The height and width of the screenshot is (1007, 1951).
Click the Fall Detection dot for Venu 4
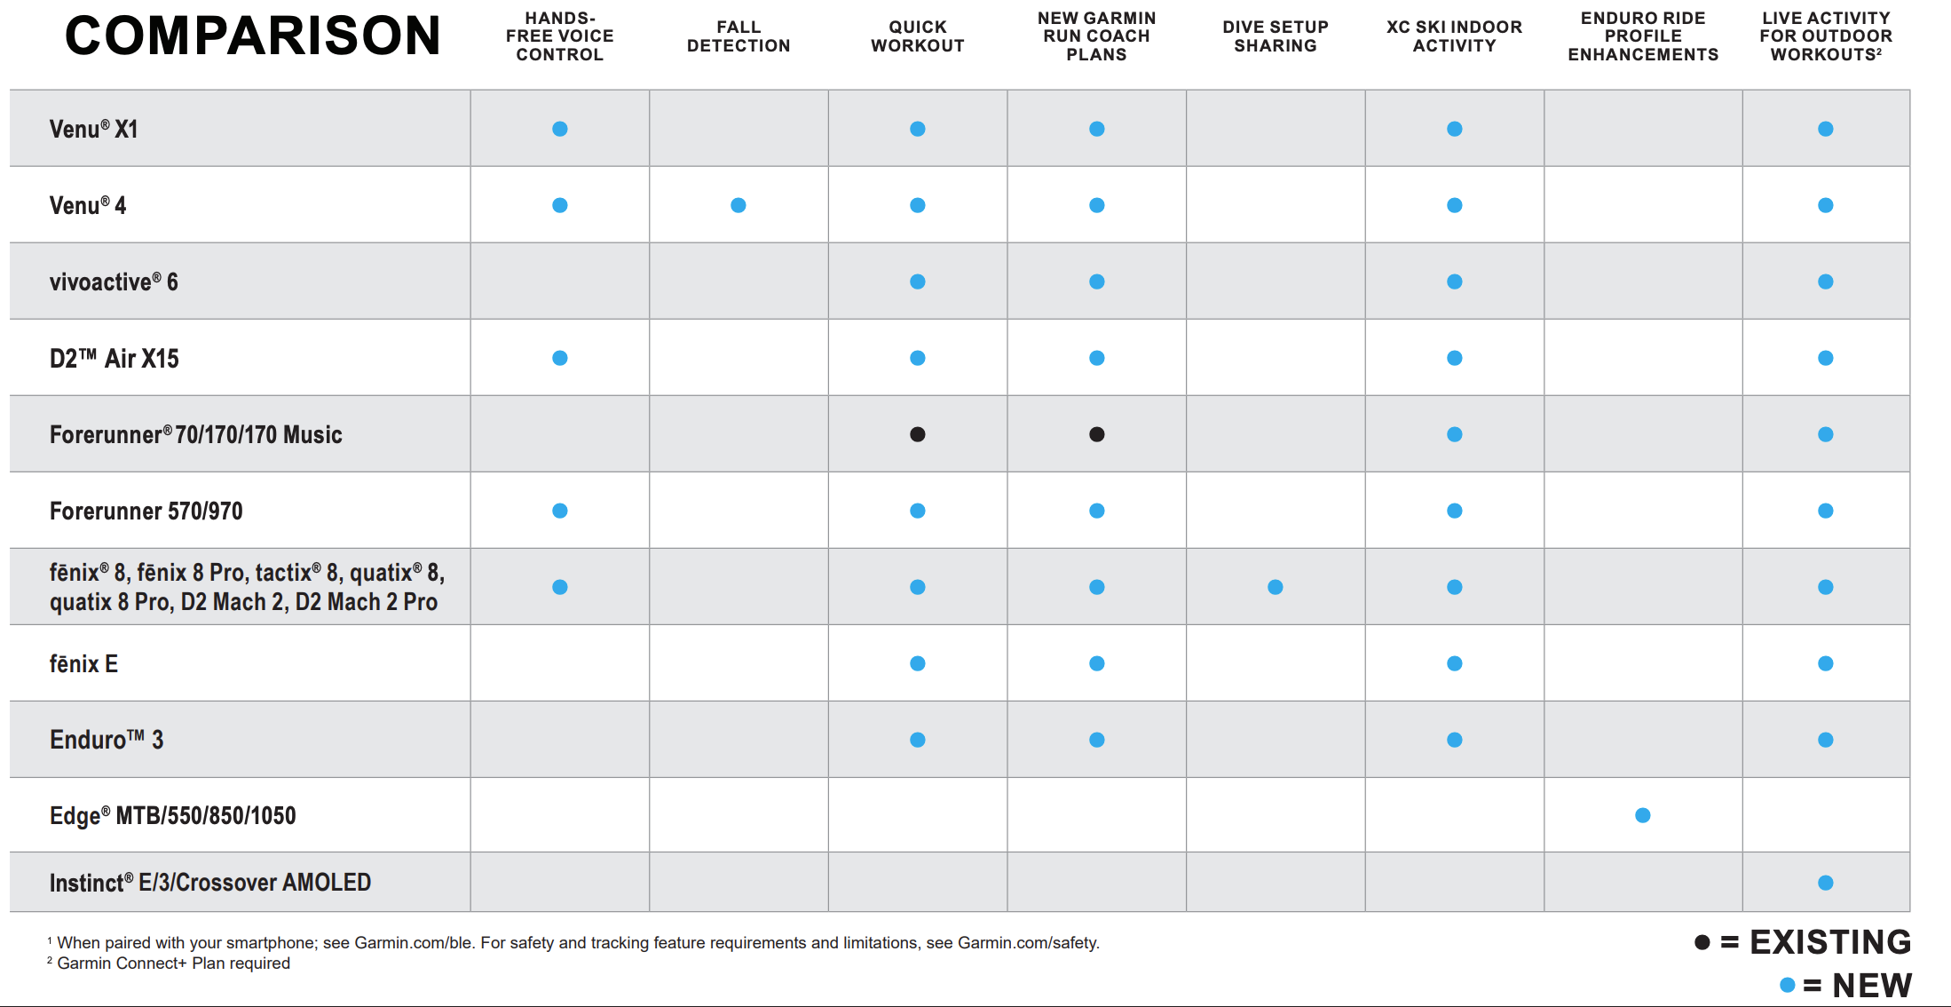coord(739,205)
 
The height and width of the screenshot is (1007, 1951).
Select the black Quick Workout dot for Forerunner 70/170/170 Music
coord(918,434)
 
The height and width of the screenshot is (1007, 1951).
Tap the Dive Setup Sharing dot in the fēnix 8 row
coord(1276,587)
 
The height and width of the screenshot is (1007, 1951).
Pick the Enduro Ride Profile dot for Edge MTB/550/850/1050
coord(1643,815)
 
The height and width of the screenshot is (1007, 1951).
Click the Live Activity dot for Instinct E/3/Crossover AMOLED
coord(1826,883)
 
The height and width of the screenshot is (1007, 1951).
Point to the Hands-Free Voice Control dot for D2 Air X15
coord(560,358)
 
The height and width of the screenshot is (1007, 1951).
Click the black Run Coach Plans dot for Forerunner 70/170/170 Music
coord(1097,434)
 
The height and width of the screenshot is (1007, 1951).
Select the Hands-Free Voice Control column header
coord(560,36)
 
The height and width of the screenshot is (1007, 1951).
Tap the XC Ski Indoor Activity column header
coord(1455,36)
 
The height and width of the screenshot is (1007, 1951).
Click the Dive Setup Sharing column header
coord(1276,36)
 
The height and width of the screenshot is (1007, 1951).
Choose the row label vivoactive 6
coord(114,281)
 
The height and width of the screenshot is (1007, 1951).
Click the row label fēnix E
coord(83,663)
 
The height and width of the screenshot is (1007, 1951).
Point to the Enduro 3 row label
coord(107,740)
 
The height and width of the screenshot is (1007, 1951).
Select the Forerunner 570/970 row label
coord(146,511)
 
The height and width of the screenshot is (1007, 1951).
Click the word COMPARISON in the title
coord(253,36)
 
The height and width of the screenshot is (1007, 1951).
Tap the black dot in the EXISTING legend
coord(1702,942)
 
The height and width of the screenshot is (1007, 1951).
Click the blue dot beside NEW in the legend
coord(1788,985)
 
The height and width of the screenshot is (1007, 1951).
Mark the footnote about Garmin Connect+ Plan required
coord(169,963)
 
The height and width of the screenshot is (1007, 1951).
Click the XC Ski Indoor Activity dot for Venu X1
coord(1455,129)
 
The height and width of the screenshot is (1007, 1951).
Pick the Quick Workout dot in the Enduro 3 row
coord(918,740)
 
